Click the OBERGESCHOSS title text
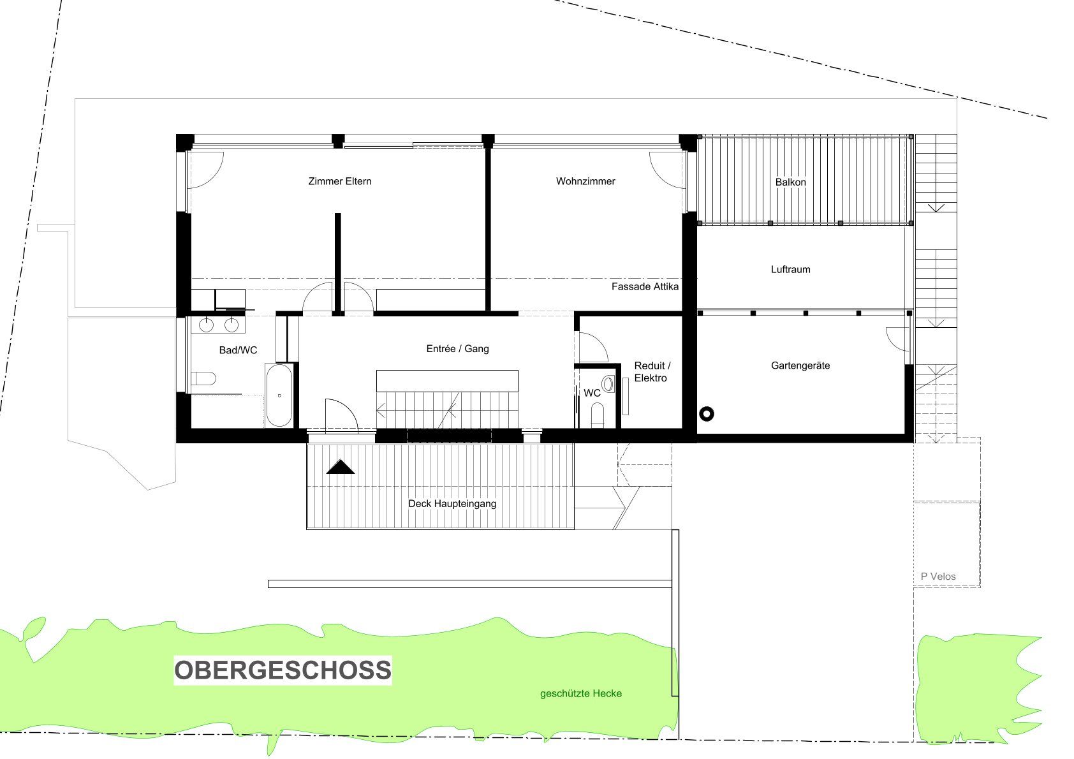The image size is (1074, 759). tap(283, 670)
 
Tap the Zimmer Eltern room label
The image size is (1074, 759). tap(339, 181)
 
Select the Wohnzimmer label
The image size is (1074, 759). tap(585, 181)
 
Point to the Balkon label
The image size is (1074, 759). tap(790, 182)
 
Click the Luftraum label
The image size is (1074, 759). tap(790, 269)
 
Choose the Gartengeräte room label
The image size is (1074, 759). tap(800, 365)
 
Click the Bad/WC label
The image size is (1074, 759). tap(238, 350)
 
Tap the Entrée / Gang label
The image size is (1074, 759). tap(457, 349)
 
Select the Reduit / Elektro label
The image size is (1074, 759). tap(652, 372)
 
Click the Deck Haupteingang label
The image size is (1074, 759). tap(452, 503)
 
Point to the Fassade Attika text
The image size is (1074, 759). tap(645, 287)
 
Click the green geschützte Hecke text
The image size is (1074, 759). tap(580, 693)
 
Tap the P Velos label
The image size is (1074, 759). tap(938, 577)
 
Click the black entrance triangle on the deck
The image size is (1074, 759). tap(341, 468)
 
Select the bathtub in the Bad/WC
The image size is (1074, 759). tap(279, 395)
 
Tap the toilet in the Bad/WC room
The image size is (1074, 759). tap(204, 378)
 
